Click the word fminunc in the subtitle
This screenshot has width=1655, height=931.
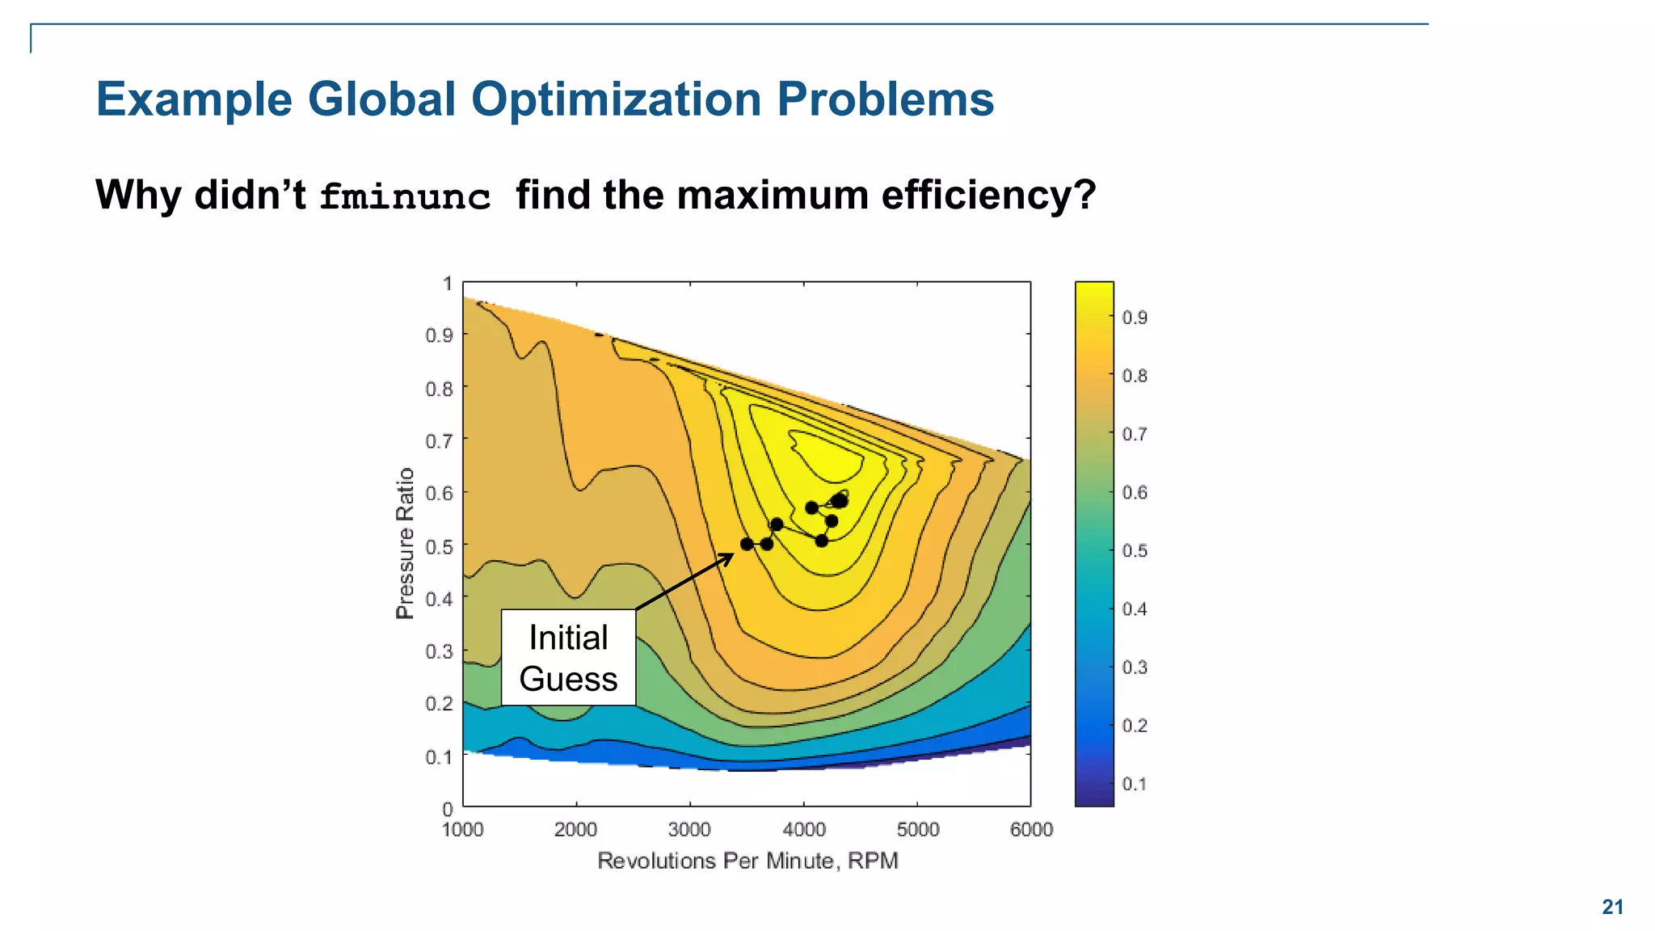405,197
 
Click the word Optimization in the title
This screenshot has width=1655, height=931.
616,99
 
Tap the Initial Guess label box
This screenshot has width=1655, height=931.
568,658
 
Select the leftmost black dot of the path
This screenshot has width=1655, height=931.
747,544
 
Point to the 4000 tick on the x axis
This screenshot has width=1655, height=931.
804,829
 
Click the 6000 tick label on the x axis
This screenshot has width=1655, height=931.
1031,829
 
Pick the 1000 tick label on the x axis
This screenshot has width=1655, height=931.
462,829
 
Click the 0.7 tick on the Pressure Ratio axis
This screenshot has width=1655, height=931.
440,441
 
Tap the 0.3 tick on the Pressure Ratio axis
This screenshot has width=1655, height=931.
440,651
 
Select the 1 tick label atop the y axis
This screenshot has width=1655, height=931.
447,284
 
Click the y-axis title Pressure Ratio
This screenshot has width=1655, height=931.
405,543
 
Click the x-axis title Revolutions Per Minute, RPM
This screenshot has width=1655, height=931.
747,861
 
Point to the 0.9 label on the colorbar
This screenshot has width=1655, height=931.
1135,318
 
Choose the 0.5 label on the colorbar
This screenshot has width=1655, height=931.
1135,551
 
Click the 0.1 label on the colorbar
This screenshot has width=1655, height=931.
1135,784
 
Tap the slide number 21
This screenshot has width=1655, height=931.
1612,907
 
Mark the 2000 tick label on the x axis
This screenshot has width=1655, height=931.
575,829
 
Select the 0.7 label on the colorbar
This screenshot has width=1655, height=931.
1135,435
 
